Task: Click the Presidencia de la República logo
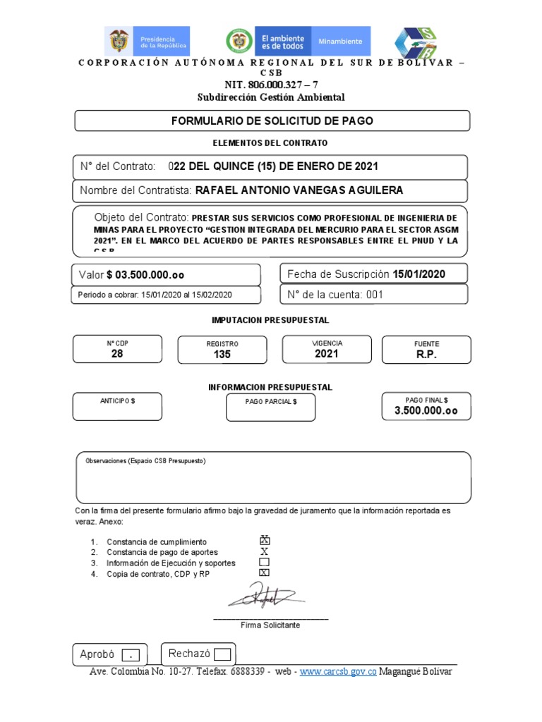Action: (x=147, y=42)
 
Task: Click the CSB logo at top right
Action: (x=415, y=42)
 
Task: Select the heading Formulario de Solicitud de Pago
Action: (x=272, y=121)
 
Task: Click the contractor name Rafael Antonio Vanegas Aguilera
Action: (x=299, y=190)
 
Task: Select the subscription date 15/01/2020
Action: (x=419, y=274)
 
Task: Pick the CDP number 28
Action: (x=117, y=354)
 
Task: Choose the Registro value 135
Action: (x=222, y=355)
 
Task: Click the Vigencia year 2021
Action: (x=327, y=353)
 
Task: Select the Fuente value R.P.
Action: (x=426, y=355)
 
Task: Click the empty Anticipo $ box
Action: (x=117, y=407)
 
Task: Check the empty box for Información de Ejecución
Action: (x=265, y=563)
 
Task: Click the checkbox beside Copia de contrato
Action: (x=265, y=573)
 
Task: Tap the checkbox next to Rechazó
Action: (x=222, y=654)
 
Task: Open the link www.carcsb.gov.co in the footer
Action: (x=338, y=672)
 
